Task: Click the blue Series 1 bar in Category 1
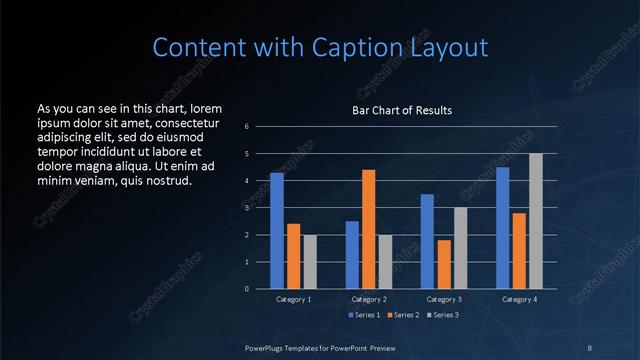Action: pos(277,231)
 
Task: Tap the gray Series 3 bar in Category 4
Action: pos(535,221)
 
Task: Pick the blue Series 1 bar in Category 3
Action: pos(427,241)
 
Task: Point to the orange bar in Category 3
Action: pos(443,264)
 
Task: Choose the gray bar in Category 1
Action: pos(309,262)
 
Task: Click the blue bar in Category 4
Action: pos(503,228)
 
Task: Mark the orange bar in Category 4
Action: pos(519,251)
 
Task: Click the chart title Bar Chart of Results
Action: pos(395,110)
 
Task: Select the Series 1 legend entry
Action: pos(364,315)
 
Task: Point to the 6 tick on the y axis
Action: pos(247,127)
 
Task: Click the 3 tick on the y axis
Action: pos(247,208)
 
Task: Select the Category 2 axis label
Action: pos(368,299)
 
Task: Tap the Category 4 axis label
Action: pos(519,299)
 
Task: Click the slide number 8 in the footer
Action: pos(590,346)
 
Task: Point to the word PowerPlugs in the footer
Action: pos(265,346)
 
